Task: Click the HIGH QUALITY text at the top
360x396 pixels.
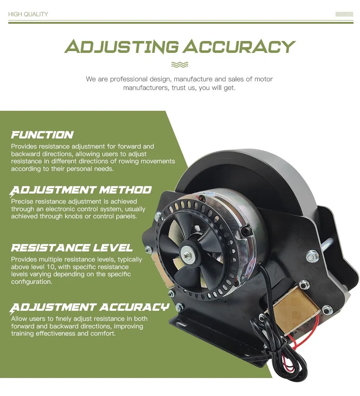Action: (28, 14)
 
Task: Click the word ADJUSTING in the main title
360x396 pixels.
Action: (121, 47)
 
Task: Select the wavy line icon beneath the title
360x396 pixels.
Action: (180, 65)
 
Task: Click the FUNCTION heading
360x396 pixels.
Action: (42, 135)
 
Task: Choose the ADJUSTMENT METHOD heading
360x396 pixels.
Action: (81, 190)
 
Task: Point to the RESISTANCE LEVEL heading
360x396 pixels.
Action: (72, 248)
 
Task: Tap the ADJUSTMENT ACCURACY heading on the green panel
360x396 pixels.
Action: (90, 307)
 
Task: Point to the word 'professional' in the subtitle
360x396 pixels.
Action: (129, 79)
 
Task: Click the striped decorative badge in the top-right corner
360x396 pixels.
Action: (344, 14)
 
